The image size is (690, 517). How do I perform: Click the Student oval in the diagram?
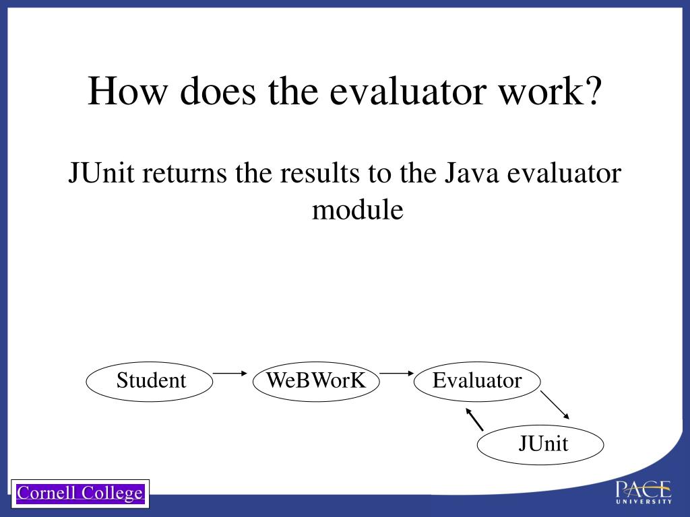150,381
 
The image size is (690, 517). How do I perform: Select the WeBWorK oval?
316,381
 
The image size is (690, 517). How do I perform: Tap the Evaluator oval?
477,381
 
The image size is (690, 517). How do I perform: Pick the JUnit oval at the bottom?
540,444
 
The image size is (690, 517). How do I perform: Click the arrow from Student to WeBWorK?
230,372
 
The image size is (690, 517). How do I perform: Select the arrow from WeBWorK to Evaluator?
396,372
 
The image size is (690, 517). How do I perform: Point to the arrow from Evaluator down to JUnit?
556,405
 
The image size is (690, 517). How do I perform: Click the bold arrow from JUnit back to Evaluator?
474,419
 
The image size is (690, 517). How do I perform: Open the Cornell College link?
80,493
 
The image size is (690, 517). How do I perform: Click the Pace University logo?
643,492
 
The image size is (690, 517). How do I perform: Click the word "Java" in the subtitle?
471,174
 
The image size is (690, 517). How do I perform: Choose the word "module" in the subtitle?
357,210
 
